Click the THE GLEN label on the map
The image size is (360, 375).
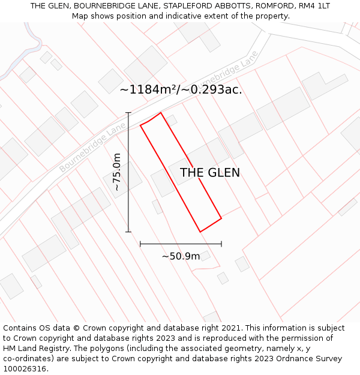210,173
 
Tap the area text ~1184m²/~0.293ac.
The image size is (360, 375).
181,90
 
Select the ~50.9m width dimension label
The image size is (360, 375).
181,256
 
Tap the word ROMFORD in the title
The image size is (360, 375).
274,6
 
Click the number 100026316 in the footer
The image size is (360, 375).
24,368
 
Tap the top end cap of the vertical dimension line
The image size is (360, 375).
128,113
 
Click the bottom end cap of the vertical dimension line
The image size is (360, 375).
128,232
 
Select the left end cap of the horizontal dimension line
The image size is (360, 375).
140,244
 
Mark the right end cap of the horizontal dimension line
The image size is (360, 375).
221,244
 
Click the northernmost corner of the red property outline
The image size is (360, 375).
160,113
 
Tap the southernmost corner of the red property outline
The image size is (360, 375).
200,232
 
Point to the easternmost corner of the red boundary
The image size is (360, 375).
221,218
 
